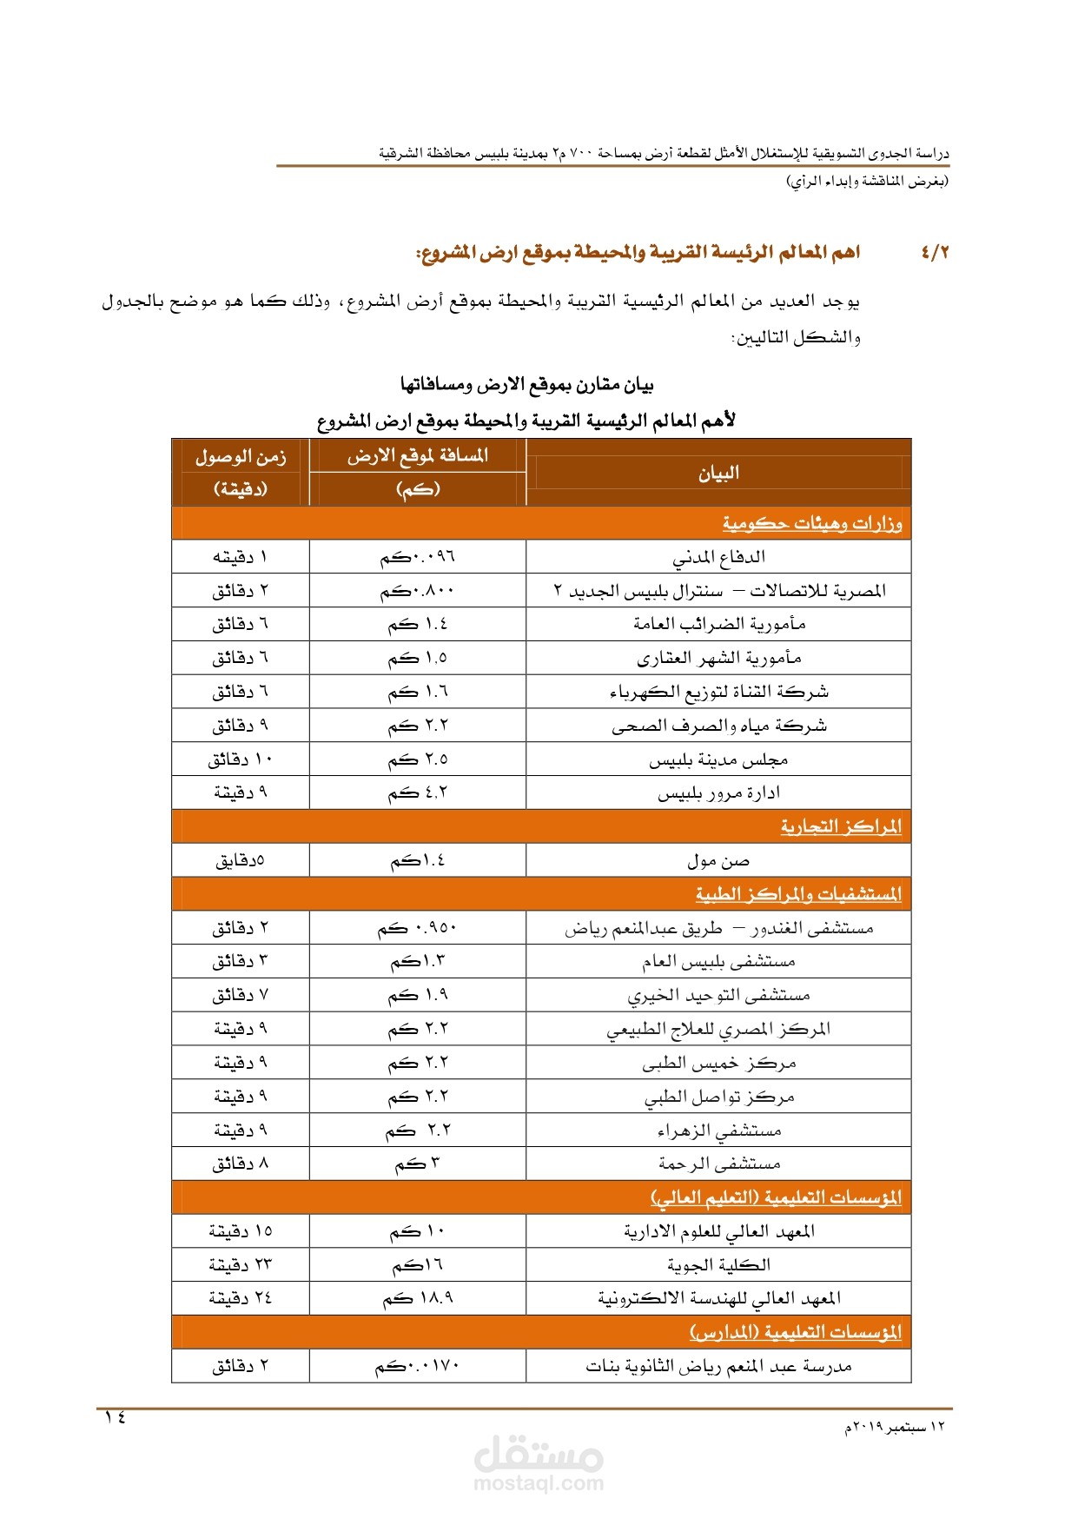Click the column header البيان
click(x=718, y=473)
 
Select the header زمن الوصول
click(x=241, y=457)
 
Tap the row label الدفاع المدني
click(x=718, y=557)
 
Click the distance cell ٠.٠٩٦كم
click(x=418, y=557)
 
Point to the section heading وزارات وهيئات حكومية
click(x=812, y=524)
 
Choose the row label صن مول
click(x=718, y=860)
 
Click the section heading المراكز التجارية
click(x=841, y=826)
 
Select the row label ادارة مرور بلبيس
click(x=718, y=792)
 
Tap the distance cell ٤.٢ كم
click(x=418, y=792)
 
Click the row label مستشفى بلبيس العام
click(x=718, y=961)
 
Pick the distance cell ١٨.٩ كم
click(x=418, y=1298)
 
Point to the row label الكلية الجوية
click(x=718, y=1264)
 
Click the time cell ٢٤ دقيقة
click(x=241, y=1298)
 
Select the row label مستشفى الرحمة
click(x=718, y=1164)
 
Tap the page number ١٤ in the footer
click(x=116, y=1417)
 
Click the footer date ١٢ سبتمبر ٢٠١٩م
click(x=895, y=1427)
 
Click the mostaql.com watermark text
click(x=539, y=1483)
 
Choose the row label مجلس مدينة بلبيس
click(x=718, y=759)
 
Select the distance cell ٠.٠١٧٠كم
click(x=418, y=1366)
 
